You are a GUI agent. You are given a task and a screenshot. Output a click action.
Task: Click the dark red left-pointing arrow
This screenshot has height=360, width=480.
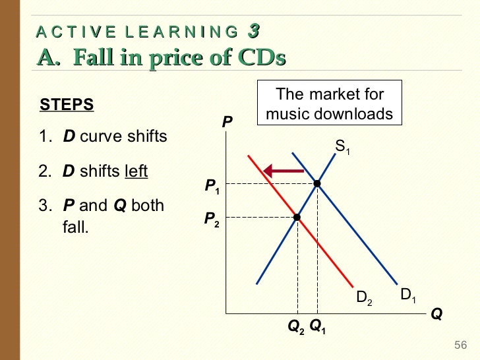pyautogui.click(x=283, y=171)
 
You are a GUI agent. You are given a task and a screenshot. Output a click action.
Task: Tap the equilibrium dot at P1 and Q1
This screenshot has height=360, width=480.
pyautogui.click(x=317, y=183)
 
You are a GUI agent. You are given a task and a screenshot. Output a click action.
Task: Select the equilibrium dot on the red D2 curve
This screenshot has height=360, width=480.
pyautogui.click(x=297, y=217)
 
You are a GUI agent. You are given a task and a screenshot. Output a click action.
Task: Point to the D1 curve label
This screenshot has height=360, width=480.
pyautogui.click(x=409, y=295)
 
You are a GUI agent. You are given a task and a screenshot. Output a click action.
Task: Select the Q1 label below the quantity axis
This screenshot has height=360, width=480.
pyautogui.click(x=317, y=326)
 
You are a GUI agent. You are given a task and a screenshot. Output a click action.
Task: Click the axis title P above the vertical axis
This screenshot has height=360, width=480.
pyautogui.click(x=227, y=122)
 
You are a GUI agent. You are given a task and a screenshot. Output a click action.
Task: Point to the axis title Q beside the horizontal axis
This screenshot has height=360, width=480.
pyautogui.click(x=436, y=315)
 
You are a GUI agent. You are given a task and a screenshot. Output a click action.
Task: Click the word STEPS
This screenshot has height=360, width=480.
pyautogui.click(x=67, y=105)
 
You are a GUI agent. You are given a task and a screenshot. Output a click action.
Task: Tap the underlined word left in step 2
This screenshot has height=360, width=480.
pyautogui.click(x=136, y=171)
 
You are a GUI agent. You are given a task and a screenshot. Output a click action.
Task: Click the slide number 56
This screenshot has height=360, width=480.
pyautogui.click(x=460, y=346)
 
